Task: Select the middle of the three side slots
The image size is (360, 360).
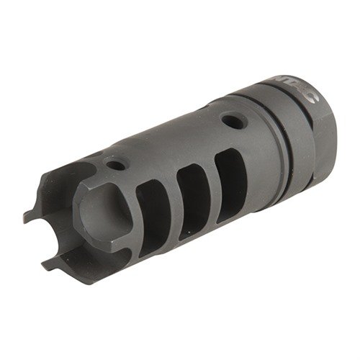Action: click(189, 193)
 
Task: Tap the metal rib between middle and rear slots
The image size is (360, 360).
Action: click(207, 180)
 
